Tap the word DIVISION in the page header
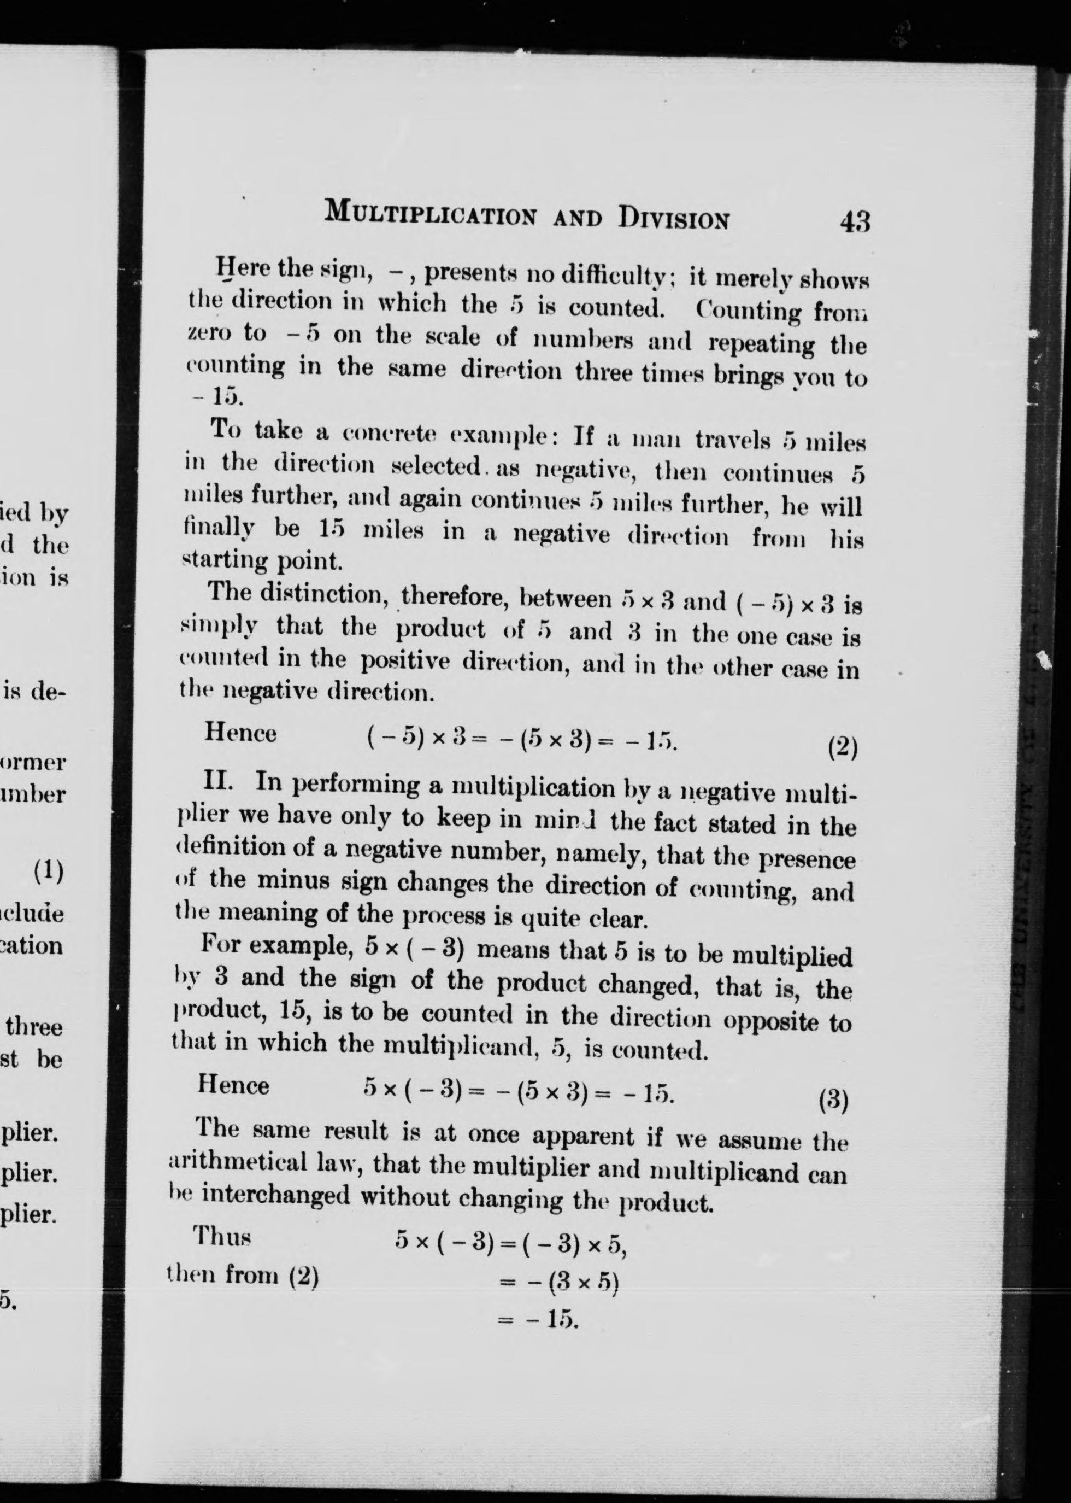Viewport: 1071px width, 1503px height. click(673, 218)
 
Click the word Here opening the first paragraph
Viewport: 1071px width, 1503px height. click(242, 268)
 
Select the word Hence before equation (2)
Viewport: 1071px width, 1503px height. click(240, 734)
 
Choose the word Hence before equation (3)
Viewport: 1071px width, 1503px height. click(233, 1085)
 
